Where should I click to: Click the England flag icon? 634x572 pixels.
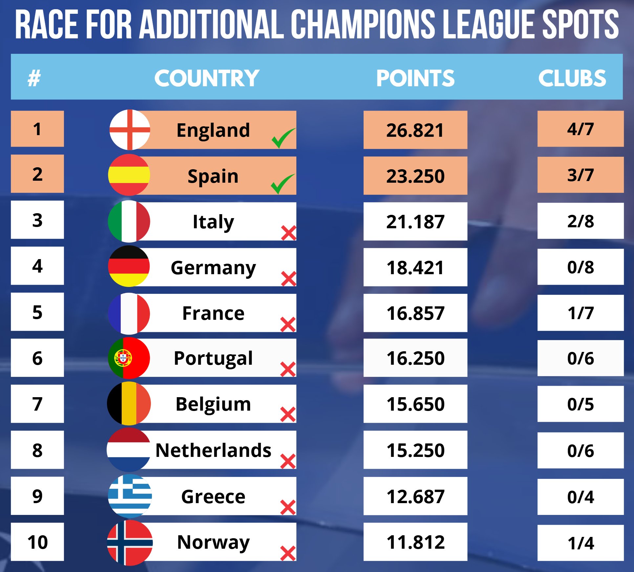(x=130, y=130)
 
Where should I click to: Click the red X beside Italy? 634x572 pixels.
(x=288, y=233)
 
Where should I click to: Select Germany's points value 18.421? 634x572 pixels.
(x=415, y=267)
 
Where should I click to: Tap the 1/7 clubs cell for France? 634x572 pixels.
(x=580, y=313)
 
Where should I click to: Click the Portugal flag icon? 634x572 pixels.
(x=129, y=358)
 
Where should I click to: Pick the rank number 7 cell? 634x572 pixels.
(x=37, y=404)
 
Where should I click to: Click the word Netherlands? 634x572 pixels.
(x=213, y=450)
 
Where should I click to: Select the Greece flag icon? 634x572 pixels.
(x=130, y=496)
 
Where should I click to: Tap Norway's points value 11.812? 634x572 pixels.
(x=415, y=542)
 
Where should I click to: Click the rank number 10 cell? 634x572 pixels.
(x=37, y=542)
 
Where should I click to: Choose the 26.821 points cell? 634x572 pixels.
(x=415, y=130)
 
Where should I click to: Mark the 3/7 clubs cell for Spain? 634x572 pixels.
(x=580, y=175)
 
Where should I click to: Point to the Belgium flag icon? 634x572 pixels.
(x=129, y=403)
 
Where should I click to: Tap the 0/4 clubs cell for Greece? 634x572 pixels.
(x=580, y=497)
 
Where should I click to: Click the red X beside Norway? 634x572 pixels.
(x=288, y=553)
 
